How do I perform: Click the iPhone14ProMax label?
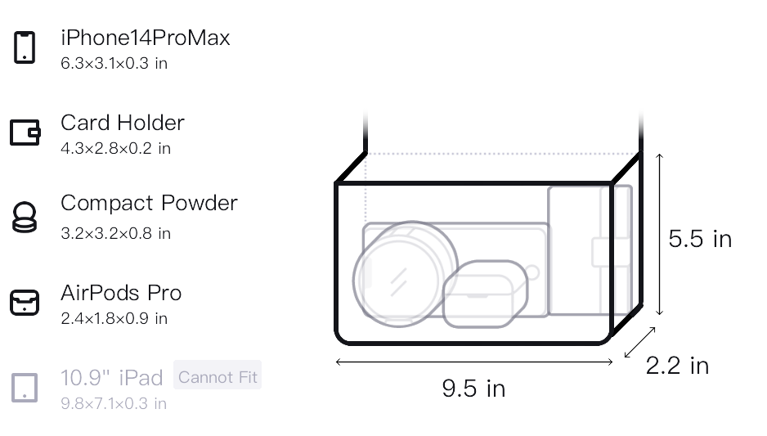pyautogui.click(x=146, y=38)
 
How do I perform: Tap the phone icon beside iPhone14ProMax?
pyautogui.click(x=25, y=47)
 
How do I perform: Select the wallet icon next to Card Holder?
pyautogui.click(x=25, y=133)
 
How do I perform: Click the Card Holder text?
pyautogui.click(x=123, y=123)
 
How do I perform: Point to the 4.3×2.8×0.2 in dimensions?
pyautogui.click(x=115, y=148)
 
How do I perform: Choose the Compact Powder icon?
pyautogui.click(x=25, y=218)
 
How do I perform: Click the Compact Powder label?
pyautogui.click(x=149, y=203)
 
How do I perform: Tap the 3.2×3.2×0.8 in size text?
pyautogui.click(x=115, y=233)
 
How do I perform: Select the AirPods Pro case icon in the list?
pyautogui.click(x=25, y=303)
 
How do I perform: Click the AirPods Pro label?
pyautogui.click(x=121, y=293)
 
